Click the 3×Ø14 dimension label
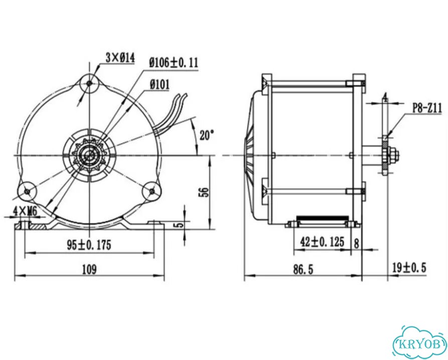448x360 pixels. [x=120, y=58]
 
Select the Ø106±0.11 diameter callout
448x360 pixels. [x=174, y=62]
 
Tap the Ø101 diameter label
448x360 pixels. [x=159, y=85]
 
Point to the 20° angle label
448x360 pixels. [x=207, y=135]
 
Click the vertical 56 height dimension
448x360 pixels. [x=204, y=192]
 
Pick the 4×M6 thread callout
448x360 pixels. [x=26, y=212]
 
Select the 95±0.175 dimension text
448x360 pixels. [x=89, y=245]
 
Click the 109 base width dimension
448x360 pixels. [x=89, y=269]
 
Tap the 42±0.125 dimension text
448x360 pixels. [x=322, y=242]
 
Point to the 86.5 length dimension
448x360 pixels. [x=303, y=269]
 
